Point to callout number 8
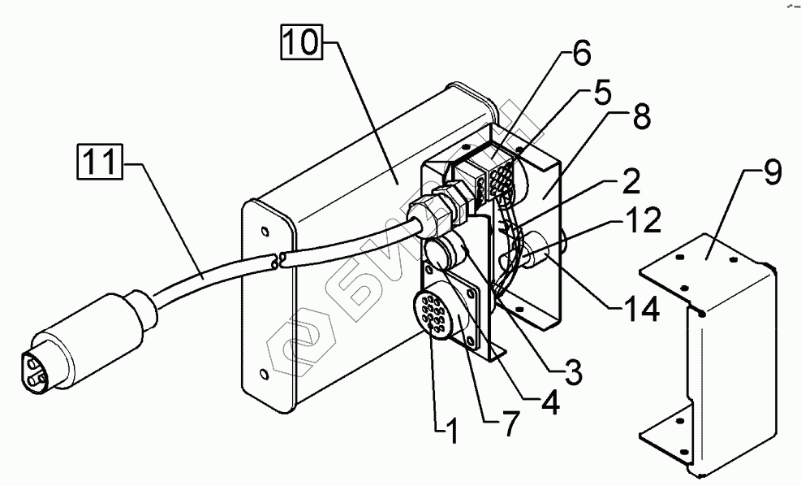click(x=641, y=118)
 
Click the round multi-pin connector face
click(x=433, y=314)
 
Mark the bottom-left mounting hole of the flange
click(x=264, y=375)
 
